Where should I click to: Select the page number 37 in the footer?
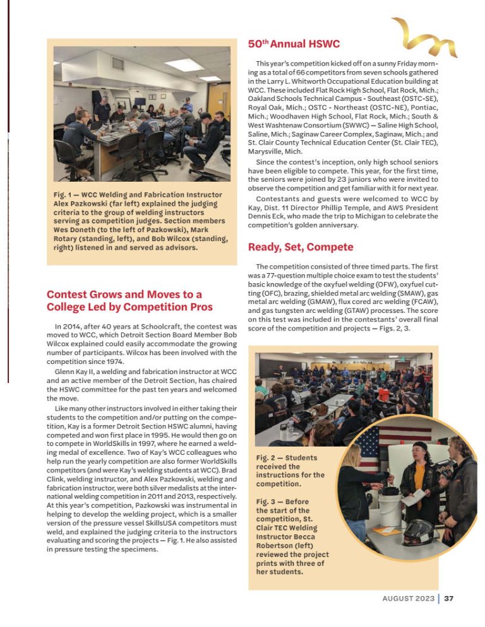point(448,599)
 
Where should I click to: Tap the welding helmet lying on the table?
point(417,534)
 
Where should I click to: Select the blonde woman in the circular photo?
point(356,486)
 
